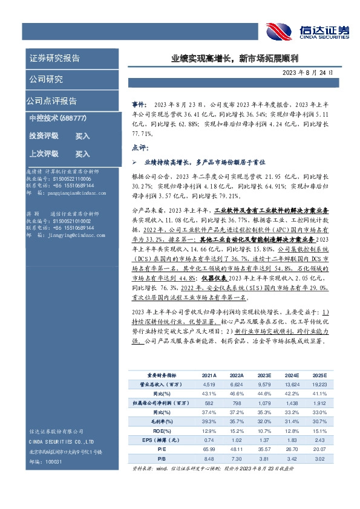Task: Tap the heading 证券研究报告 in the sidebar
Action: click(x=55, y=59)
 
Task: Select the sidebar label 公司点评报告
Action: click(x=51, y=101)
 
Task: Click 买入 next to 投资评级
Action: click(x=82, y=136)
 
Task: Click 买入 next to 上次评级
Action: click(x=82, y=154)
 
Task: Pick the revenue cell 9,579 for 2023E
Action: click(x=264, y=384)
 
